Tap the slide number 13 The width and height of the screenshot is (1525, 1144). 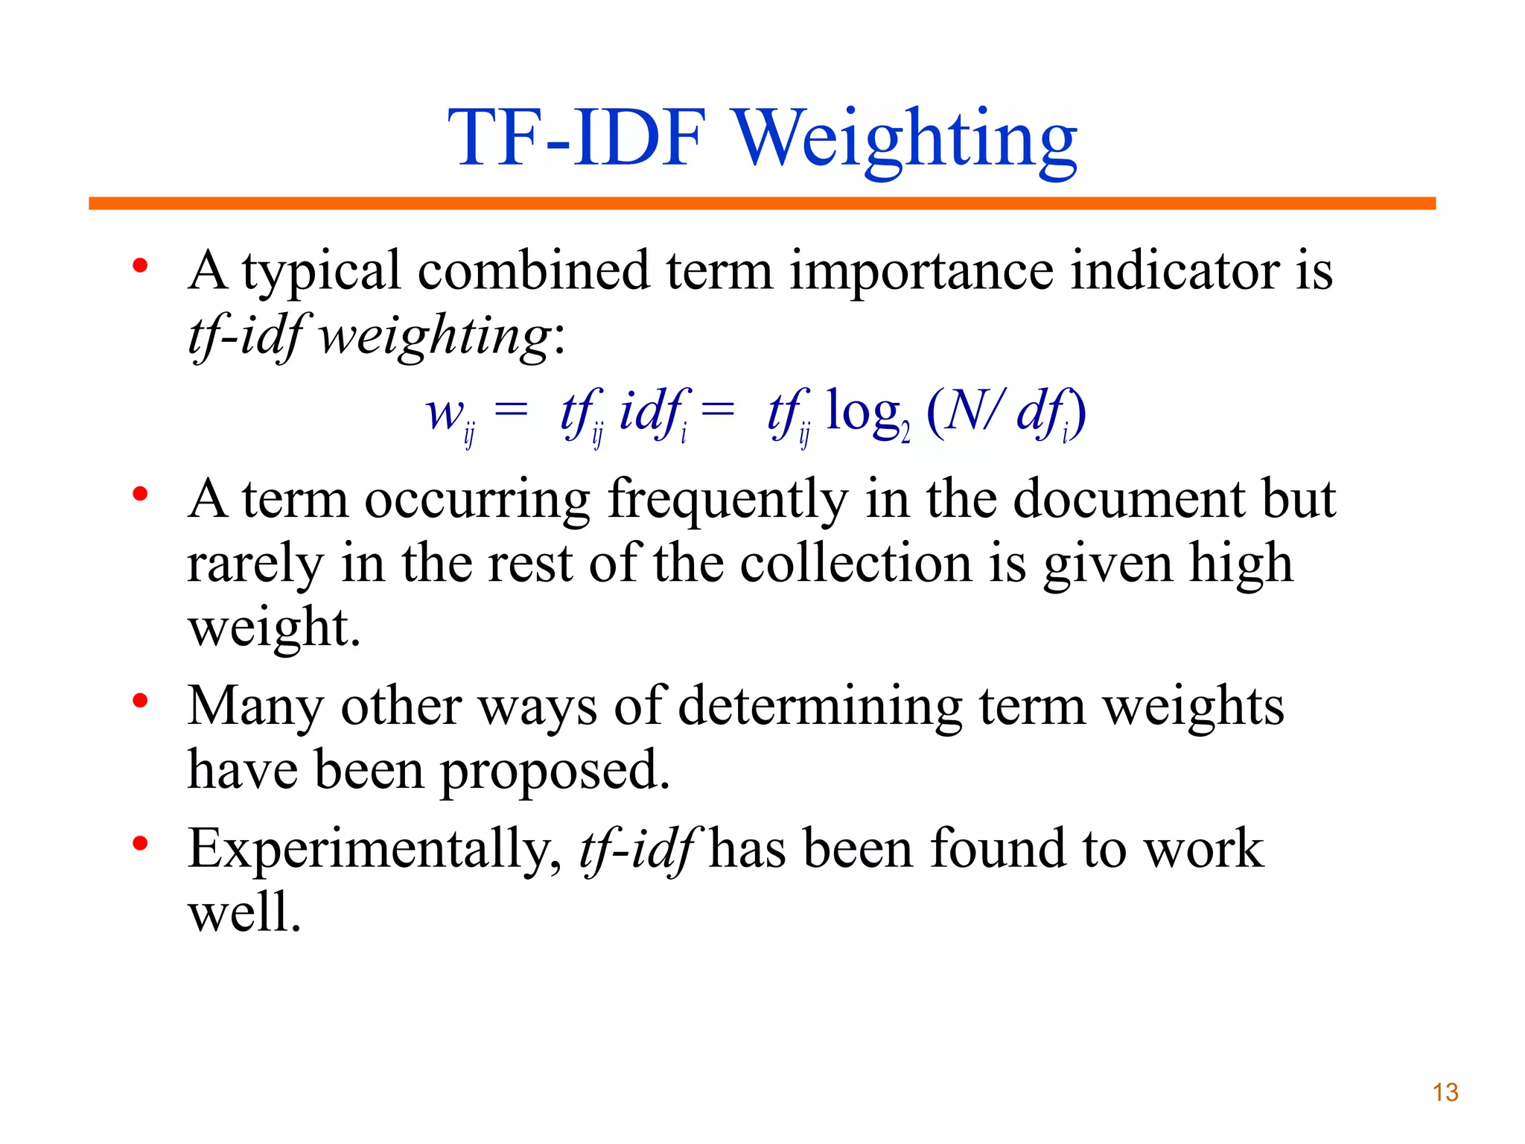(1445, 1093)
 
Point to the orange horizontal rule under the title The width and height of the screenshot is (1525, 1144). (762, 203)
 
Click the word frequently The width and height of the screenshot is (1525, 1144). (728, 500)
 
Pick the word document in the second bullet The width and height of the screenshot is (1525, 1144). (1128, 498)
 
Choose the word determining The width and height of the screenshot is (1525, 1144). (820, 706)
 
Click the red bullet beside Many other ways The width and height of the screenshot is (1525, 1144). (140, 701)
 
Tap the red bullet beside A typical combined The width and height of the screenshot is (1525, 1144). (140, 266)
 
